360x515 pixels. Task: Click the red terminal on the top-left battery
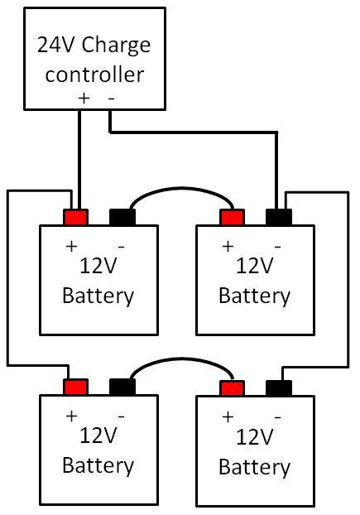(76, 217)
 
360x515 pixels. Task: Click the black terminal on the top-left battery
(122, 217)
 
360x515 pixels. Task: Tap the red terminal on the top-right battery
(232, 217)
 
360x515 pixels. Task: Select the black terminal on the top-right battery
(279, 217)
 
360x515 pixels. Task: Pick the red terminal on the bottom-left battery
(76, 387)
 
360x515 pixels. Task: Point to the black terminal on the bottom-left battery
(122, 387)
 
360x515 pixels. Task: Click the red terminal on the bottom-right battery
(232, 388)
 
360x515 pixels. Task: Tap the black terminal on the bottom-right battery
(279, 388)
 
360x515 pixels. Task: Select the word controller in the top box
(94, 75)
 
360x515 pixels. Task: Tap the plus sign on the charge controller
(84, 99)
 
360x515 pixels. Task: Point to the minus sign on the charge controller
(112, 99)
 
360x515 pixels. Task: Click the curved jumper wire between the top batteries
(181, 188)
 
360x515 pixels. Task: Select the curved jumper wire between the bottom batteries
(181, 359)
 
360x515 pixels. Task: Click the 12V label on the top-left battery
(98, 266)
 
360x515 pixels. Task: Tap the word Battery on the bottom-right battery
(254, 468)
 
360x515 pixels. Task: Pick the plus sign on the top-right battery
(228, 246)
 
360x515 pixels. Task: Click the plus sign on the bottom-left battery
(71, 416)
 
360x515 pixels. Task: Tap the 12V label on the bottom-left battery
(98, 436)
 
